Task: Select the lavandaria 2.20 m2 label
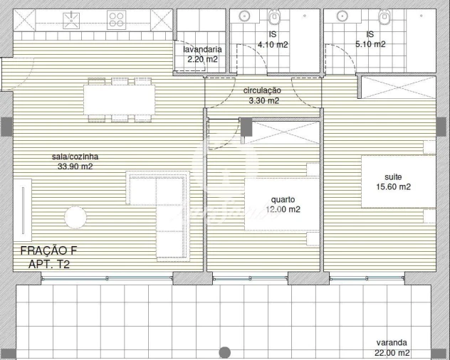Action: tap(202, 55)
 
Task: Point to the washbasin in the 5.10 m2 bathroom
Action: tap(340, 16)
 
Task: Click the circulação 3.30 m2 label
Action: tap(263, 95)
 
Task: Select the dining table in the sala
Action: tap(118, 100)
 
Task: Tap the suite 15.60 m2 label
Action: tap(397, 182)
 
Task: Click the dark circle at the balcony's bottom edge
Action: tap(225, 352)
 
